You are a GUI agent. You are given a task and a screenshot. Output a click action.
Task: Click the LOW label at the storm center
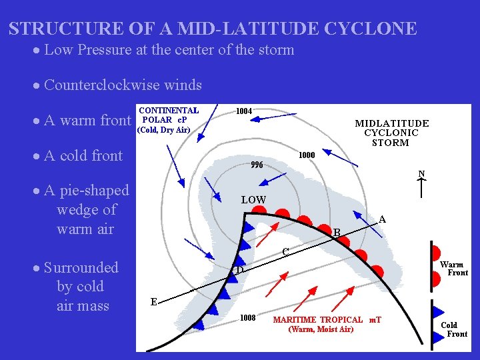point(253,200)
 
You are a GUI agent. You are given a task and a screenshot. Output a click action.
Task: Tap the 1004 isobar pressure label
point(244,111)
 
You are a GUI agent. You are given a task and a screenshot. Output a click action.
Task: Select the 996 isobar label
point(257,165)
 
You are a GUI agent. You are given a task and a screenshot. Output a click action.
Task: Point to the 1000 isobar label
point(307,155)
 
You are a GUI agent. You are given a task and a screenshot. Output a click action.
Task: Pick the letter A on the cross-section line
point(382,219)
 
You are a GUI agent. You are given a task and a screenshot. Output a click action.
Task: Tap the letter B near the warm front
point(337,233)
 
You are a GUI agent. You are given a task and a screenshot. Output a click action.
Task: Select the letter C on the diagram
point(285,252)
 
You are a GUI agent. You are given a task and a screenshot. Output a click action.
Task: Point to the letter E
point(153,302)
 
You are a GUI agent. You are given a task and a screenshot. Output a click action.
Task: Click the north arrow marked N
point(421,183)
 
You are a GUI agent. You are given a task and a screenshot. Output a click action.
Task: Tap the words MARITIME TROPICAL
point(318,320)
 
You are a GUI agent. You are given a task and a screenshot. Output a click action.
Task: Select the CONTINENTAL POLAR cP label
point(168,115)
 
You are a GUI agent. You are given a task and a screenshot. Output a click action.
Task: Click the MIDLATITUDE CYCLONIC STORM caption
point(391,133)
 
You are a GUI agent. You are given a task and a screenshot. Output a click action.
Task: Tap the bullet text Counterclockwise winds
point(123,85)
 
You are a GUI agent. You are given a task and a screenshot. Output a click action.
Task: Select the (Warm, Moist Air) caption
point(320,329)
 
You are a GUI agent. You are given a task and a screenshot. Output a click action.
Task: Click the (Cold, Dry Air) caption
point(163,130)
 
